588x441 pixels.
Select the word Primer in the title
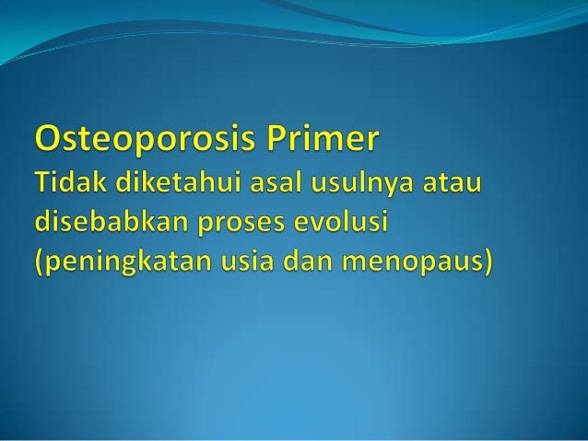pyautogui.click(x=327, y=145)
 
